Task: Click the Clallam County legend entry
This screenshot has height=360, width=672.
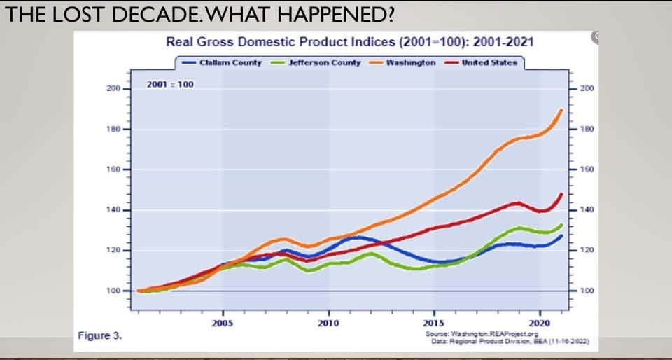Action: tap(222, 62)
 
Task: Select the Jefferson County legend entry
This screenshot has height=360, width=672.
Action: tap(316, 62)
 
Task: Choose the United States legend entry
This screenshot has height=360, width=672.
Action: tap(481, 62)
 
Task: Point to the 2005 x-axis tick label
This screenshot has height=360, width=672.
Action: tap(223, 323)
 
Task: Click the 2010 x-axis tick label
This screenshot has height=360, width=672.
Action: tap(329, 323)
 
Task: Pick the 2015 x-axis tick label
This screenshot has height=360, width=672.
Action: tap(435, 323)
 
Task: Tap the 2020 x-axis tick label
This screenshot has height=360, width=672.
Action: tap(540, 323)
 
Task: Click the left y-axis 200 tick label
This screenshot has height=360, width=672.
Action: tap(113, 89)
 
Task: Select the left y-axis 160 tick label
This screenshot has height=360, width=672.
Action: tap(113, 169)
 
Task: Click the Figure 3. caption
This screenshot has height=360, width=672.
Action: tap(100, 335)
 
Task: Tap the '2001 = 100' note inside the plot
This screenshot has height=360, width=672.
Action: tap(170, 85)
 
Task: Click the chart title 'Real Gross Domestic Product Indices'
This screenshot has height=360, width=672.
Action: tap(281, 42)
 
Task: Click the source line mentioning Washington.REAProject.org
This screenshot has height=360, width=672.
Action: tap(482, 334)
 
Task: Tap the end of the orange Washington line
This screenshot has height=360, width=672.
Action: tap(561, 110)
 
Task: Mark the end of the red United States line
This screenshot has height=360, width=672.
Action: tap(561, 194)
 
